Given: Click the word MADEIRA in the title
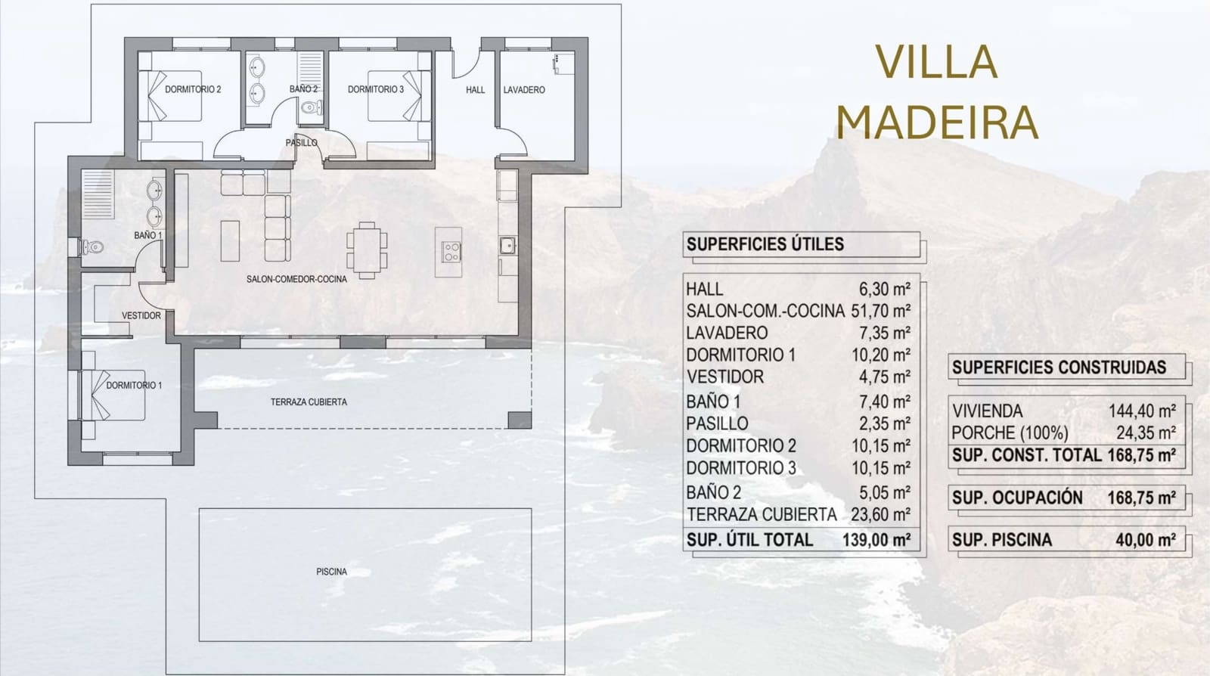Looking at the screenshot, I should [x=937, y=122].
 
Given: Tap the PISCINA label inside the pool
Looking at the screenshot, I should [x=331, y=572].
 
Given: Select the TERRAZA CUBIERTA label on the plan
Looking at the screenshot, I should [x=309, y=402].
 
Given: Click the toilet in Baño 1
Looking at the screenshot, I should [x=92, y=247].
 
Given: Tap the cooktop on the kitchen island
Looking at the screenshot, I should [x=451, y=251].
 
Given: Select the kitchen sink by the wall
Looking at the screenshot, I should [x=507, y=245].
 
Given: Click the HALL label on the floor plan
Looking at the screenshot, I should [x=475, y=90].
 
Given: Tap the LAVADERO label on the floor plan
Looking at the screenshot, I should [x=524, y=90].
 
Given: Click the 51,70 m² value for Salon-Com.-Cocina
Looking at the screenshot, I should [x=880, y=311].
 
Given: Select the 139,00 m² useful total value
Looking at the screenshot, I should [x=876, y=540].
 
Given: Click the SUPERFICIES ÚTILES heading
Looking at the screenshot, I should [x=765, y=244].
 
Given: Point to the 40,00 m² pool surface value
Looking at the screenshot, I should [x=1145, y=540].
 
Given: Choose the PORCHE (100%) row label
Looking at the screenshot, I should [x=1010, y=433].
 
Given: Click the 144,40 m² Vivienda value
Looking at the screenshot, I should [x=1142, y=411].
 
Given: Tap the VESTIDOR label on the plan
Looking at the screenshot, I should [x=141, y=315].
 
